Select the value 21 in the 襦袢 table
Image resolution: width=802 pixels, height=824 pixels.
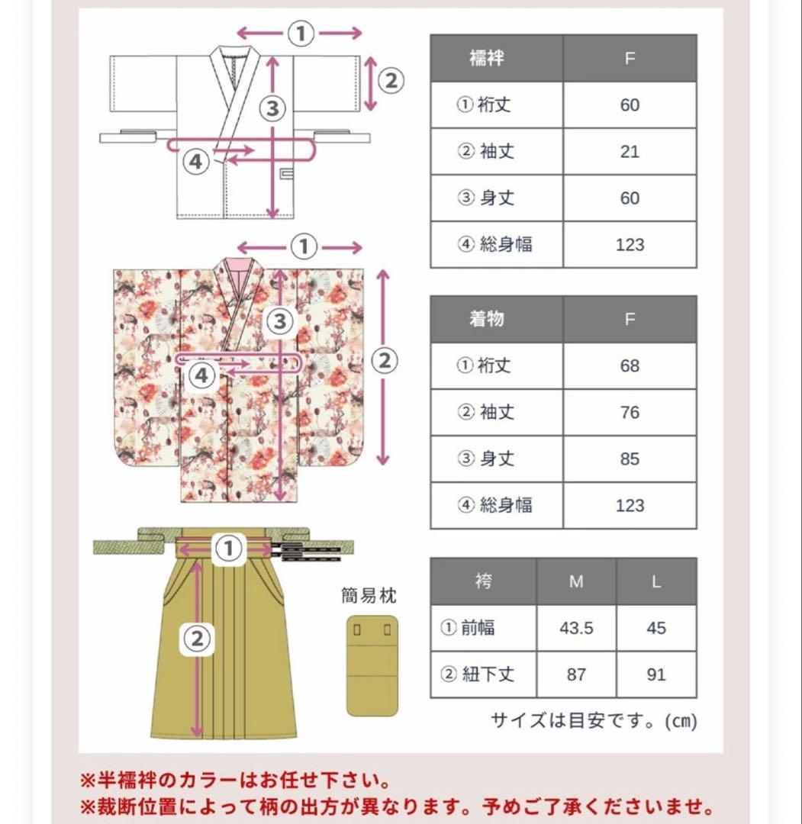click(630, 152)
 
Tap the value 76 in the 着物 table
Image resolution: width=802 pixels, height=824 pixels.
click(630, 413)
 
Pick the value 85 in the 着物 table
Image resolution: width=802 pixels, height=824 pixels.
click(630, 459)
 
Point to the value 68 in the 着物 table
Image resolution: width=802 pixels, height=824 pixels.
click(630, 366)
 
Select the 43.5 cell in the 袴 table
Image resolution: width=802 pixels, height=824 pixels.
click(576, 628)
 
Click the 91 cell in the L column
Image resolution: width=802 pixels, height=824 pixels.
click(656, 674)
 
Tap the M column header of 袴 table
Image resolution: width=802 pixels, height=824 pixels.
click(576, 581)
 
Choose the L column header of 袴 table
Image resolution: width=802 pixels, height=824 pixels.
click(656, 581)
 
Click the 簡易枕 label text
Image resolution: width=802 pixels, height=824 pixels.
click(369, 595)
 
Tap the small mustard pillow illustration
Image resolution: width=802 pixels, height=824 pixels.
click(372, 663)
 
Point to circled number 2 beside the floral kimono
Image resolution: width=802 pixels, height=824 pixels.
click(385, 359)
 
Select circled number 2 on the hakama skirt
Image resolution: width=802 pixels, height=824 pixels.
click(196, 639)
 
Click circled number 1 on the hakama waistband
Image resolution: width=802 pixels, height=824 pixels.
click(227, 548)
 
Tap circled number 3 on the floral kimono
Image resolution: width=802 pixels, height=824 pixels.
click(279, 321)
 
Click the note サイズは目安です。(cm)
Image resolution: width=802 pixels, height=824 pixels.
click(593, 720)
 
